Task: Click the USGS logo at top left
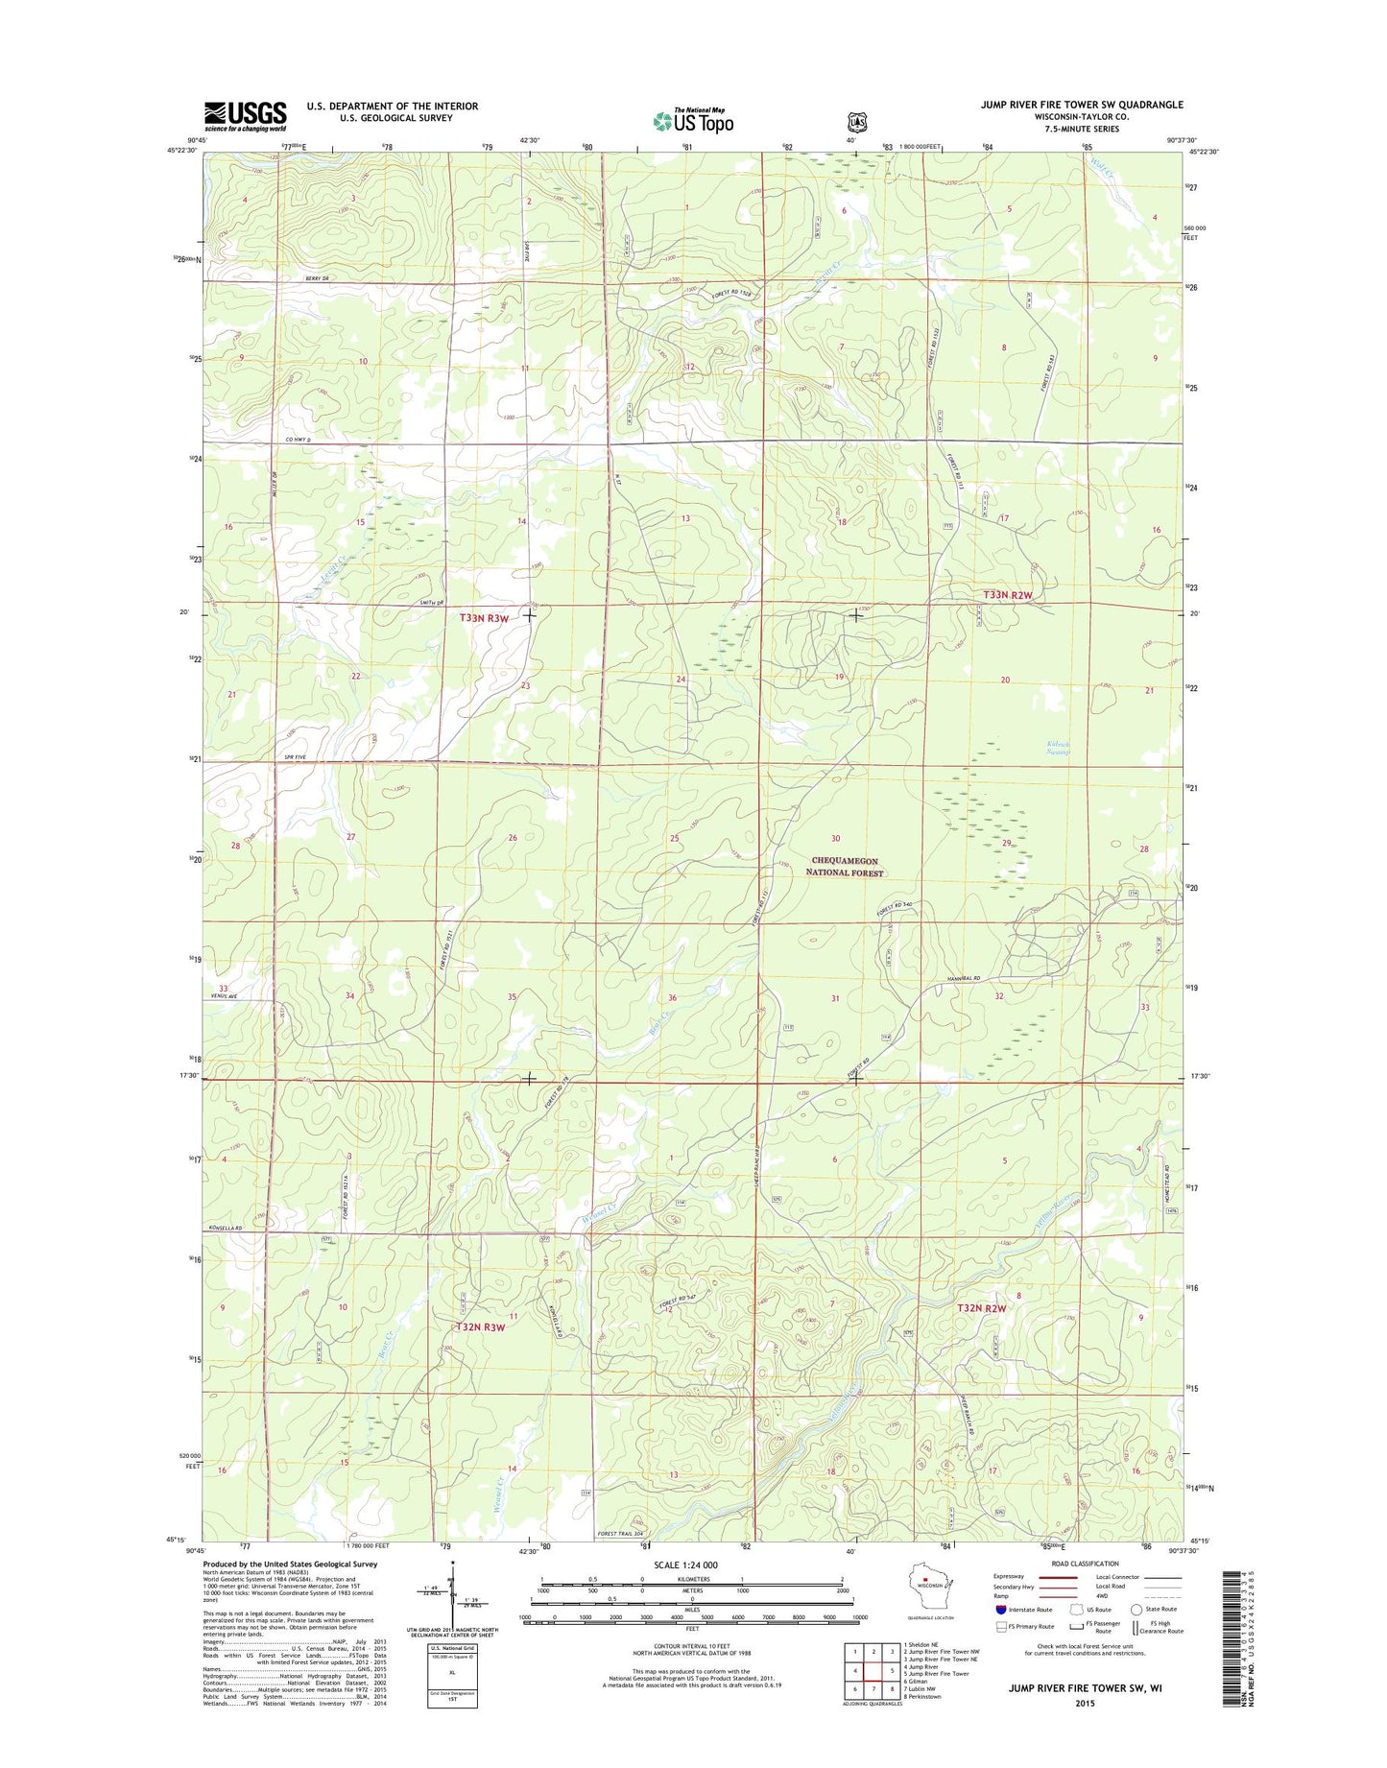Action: pyautogui.click(x=245, y=115)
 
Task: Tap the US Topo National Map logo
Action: pyautogui.click(x=693, y=120)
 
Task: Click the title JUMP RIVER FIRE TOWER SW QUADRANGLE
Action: pyautogui.click(x=1081, y=105)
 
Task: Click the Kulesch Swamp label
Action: pyautogui.click(x=1057, y=748)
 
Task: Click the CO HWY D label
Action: pyautogui.click(x=300, y=440)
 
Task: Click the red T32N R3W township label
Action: pyautogui.click(x=480, y=1327)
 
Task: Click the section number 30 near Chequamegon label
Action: pyautogui.click(x=835, y=839)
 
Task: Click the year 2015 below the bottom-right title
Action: pyautogui.click(x=1085, y=1703)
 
